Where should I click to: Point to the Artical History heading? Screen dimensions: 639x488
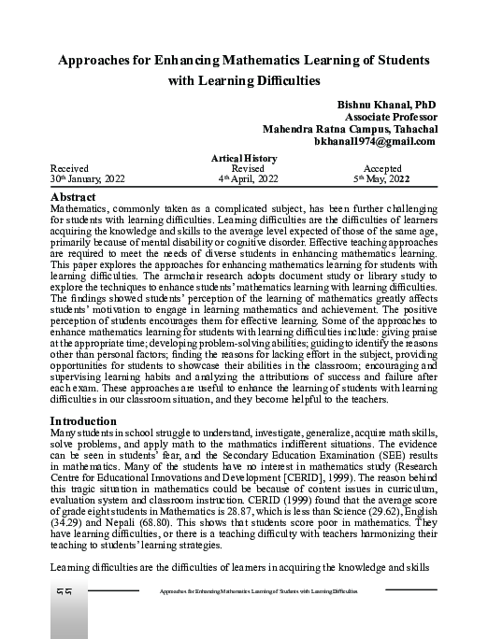coord(246,159)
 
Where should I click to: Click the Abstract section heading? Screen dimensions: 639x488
coord(75,198)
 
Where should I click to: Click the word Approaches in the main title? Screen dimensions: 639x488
coord(101,60)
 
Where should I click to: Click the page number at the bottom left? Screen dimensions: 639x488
coord(66,591)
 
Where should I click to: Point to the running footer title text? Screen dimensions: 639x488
coord(258,592)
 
